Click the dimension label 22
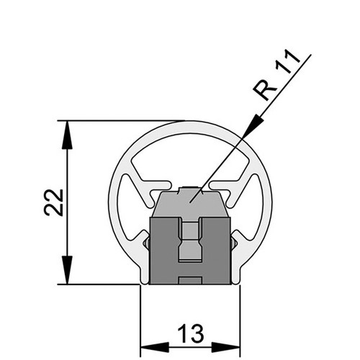click(54, 203)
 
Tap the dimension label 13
click(191, 334)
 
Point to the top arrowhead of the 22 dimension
click(67, 135)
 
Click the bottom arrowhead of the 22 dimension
click(67, 270)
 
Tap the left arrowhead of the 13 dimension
click(155, 347)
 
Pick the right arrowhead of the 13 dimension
click(225, 347)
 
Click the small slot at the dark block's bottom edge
click(189, 281)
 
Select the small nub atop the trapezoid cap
click(190, 189)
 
